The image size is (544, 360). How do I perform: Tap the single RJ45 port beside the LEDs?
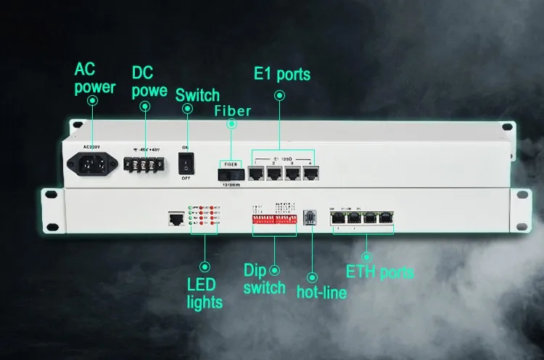(x=176, y=218)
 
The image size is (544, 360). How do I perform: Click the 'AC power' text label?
(x=95, y=78)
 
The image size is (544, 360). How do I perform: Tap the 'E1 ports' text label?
(x=281, y=74)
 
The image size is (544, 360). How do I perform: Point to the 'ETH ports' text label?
(x=379, y=273)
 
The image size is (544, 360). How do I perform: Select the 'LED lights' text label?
(x=205, y=292)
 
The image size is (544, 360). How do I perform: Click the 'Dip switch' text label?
(x=264, y=279)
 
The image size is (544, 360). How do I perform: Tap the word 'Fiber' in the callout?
(x=232, y=111)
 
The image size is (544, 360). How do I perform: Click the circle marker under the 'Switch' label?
(x=188, y=109)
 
